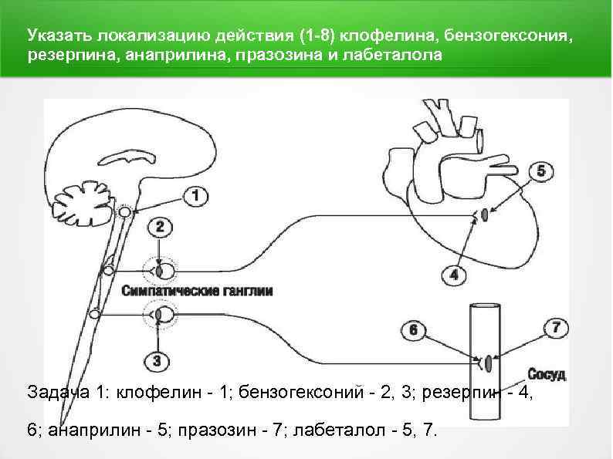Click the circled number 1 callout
pos(197,197)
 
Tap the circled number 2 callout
pos(160,227)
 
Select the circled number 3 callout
pos(157,360)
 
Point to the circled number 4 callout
pos(453,274)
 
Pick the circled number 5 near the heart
pos(540,171)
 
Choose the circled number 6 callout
pos(413,330)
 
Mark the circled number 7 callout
pos(555,328)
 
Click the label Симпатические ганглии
pos(197,292)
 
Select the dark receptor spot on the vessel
pos(488,361)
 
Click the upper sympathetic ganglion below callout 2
pos(162,271)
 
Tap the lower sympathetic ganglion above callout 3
pos(162,314)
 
